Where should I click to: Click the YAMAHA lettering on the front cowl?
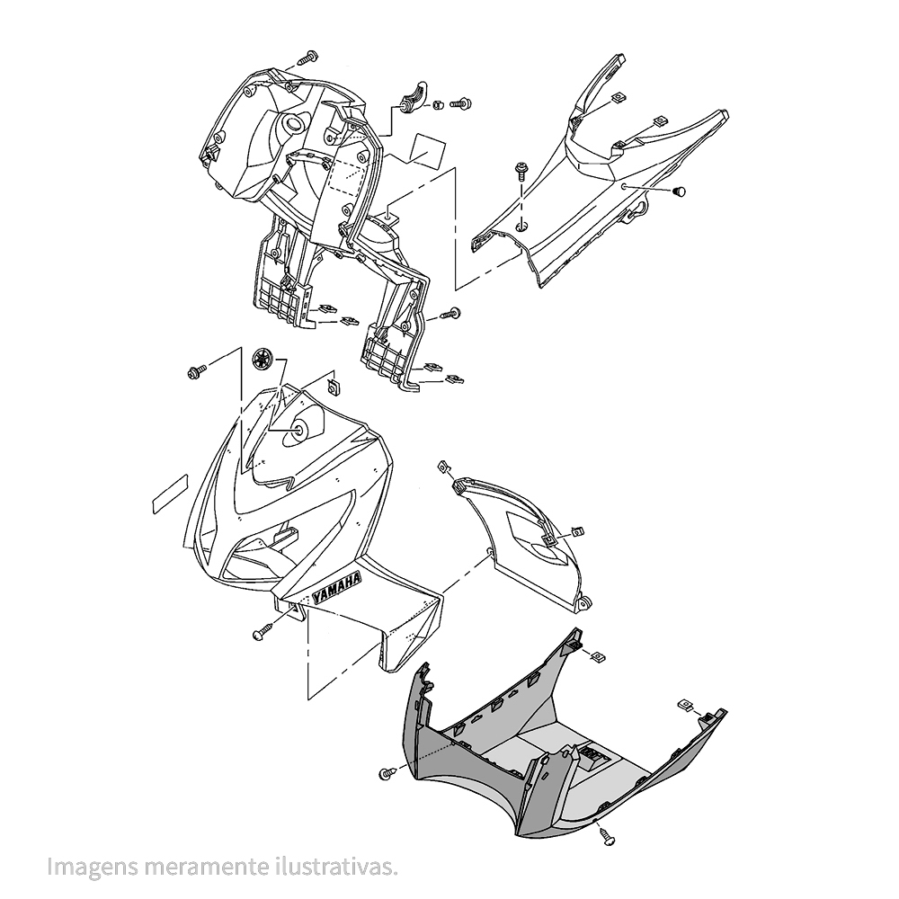(336, 588)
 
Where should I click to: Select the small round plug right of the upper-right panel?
(680, 191)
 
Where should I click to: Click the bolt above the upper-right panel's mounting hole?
(521, 169)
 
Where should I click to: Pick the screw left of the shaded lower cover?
(387, 773)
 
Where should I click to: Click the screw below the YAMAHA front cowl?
(261, 632)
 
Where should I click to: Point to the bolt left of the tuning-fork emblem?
(197, 371)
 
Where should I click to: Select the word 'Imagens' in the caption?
(93, 868)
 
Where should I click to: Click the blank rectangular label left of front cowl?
(170, 494)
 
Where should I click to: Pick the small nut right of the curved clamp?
(438, 104)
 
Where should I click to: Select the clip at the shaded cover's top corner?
(600, 655)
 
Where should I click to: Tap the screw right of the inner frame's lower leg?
(450, 313)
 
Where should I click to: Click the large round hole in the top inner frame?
(295, 124)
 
